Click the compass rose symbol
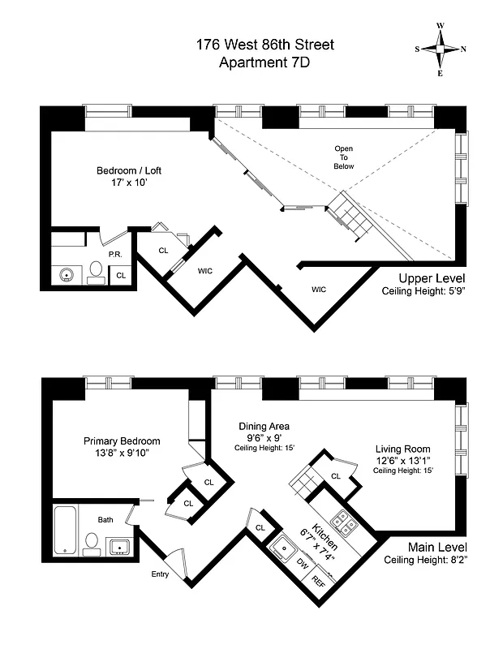(441, 49)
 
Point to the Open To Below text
(344, 157)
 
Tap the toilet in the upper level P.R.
(95, 272)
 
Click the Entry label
(160, 574)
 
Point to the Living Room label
(402, 449)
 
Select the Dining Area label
(264, 427)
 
